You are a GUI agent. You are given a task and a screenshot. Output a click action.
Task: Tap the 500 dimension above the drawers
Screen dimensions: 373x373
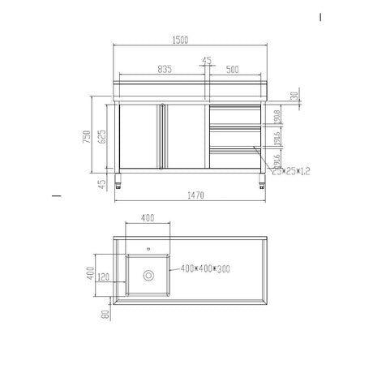[233, 69]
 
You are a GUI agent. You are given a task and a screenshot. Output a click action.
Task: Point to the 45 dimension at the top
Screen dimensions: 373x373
[207, 60]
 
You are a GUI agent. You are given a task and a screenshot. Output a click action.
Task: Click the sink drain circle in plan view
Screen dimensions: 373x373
[148, 276]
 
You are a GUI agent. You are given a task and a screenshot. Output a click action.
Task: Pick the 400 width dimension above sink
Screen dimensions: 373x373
[148, 218]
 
